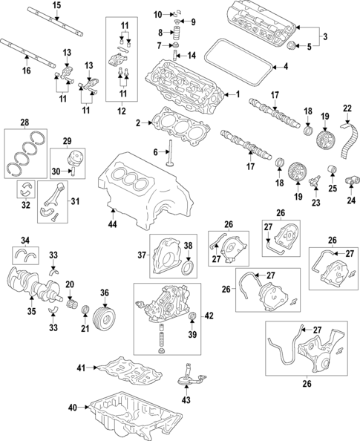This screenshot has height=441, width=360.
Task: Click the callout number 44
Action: point(113,223)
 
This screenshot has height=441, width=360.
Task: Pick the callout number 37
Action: point(143,256)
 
